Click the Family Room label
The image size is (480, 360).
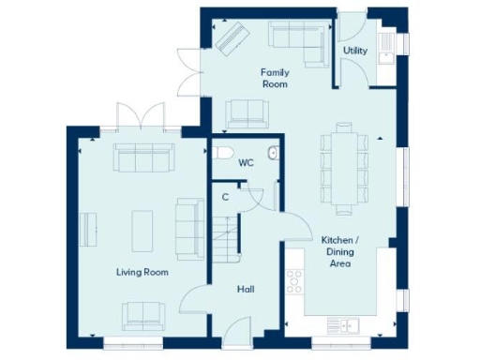click(275, 78)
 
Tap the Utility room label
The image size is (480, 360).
click(355, 50)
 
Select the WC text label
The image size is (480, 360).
click(246, 163)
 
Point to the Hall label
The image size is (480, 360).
click(247, 290)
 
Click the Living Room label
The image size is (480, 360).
click(142, 272)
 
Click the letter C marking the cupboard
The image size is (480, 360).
click(225, 197)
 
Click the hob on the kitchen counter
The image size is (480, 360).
click(295, 280)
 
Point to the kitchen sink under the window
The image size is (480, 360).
click(344, 325)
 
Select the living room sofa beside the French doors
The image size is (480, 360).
click(143, 158)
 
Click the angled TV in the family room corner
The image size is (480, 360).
click(230, 37)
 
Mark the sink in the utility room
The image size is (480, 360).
click(383, 55)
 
